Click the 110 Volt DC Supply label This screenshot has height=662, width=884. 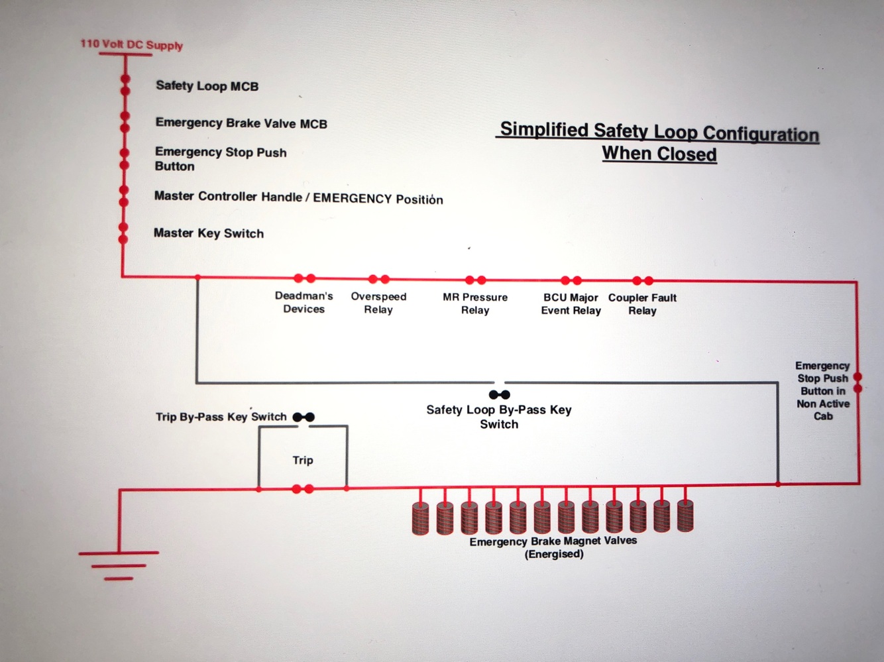[x=131, y=44]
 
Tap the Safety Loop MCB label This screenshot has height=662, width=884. [x=207, y=85]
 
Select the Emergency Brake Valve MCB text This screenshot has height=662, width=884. [x=241, y=123]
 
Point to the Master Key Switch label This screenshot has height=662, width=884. [x=209, y=233]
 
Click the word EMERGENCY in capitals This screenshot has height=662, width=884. [x=352, y=198]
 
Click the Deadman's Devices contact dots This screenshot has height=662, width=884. [x=304, y=278]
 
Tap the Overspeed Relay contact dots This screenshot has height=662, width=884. [x=379, y=279]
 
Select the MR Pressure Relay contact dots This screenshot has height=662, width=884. [x=475, y=280]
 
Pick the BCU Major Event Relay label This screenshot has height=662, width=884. [x=571, y=304]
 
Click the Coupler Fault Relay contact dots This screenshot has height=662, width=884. [x=642, y=280]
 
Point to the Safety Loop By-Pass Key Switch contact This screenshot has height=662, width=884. [x=499, y=394]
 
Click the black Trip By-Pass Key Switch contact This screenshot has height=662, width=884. [x=304, y=417]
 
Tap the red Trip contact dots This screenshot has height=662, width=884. [x=303, y=489]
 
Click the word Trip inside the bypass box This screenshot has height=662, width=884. [x=303, y=460]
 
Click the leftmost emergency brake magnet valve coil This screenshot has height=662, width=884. [x=421, y=518]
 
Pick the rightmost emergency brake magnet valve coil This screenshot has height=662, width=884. [x=685, y=516]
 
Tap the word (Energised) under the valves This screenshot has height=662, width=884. [x=554, y=554]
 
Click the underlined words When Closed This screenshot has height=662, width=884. [x=659, y=154]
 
